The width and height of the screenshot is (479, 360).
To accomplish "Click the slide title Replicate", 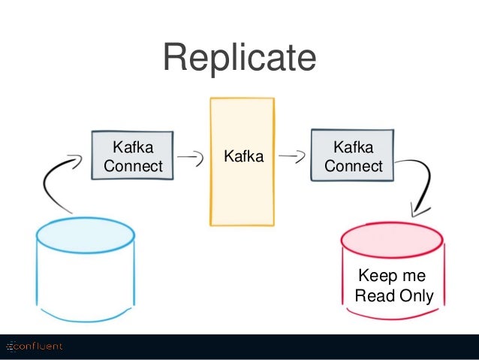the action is click(239, 58).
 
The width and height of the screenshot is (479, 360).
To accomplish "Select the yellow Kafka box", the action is click(242, 162).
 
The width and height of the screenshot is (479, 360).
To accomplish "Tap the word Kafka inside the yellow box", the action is click(244, 156).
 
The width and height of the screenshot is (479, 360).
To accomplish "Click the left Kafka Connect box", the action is click(132, 156).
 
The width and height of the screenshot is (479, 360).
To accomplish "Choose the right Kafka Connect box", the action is click(353, 156).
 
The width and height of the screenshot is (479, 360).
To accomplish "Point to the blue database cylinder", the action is click(86, 270).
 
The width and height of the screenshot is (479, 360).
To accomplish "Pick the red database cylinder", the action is click(393, 271).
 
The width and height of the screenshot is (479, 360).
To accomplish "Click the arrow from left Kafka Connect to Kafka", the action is click(191, 156).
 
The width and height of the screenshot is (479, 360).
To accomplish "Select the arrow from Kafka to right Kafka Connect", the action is click(292, 156).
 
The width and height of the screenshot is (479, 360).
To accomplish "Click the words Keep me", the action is click(392, 275).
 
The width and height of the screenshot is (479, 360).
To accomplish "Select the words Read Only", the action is click(394, 296).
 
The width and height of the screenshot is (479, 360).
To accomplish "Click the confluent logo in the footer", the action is click(35, 346).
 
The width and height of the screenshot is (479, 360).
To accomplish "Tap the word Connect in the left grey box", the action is click(133, 166).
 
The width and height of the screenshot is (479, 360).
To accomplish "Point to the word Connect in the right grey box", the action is click(354, 166).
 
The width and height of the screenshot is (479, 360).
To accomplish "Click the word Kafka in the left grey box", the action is click(133, 147).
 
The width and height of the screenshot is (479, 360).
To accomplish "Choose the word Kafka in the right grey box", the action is click(354, 147).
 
